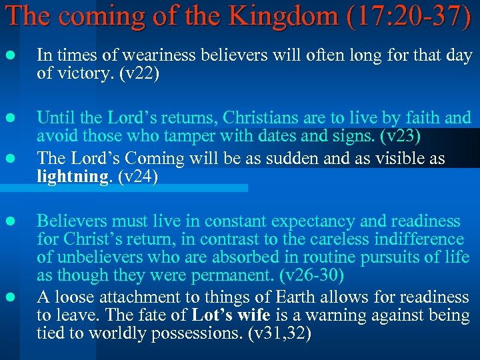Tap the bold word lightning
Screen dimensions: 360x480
68,177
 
